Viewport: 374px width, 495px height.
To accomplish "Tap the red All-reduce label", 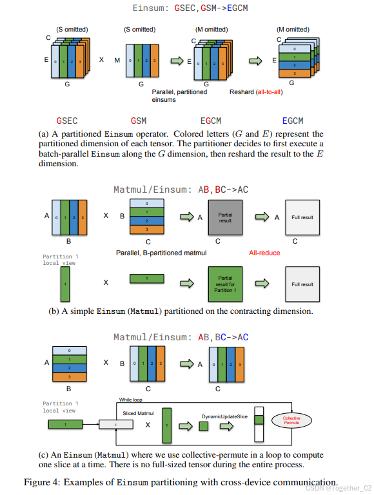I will (x=264, y=253).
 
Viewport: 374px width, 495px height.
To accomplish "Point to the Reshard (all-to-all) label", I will (x=255, y=92).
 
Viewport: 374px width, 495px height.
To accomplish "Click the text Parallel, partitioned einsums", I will (x=175, y=95).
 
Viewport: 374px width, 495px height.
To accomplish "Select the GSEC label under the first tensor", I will (x=67, y=121).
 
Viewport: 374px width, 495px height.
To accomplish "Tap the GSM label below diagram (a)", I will (x=138, y=121).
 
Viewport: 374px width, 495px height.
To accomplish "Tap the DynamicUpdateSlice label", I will (x=224, y=417).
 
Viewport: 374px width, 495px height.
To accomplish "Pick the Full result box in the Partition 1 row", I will (x=302, y=284).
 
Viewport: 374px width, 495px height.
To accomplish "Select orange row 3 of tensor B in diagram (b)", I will (x=147, y=229).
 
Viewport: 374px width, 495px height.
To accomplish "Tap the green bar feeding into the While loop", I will (x=67, y=425).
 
